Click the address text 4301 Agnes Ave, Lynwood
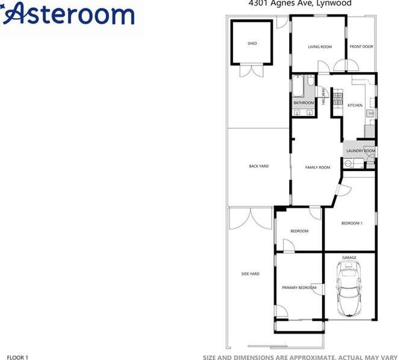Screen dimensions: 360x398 (300, 3)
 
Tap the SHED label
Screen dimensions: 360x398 (252, 43)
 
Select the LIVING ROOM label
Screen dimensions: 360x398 (320, 46)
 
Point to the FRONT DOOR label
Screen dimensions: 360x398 (361, 46)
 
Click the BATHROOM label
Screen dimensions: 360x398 (303, 103)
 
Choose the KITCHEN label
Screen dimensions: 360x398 (355, 105)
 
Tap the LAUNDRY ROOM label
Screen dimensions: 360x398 (361, 151)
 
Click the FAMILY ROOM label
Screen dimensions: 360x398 (317, 167)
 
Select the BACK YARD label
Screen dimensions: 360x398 (259, 166)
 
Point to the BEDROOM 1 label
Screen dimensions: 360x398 (352, 223)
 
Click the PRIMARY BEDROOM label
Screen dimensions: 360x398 (299, 288)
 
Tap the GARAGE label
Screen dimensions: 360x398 (349, 258)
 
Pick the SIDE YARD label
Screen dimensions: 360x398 (250, 274)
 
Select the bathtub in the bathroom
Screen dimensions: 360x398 (298, 88)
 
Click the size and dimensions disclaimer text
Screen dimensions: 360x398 (300, 357)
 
